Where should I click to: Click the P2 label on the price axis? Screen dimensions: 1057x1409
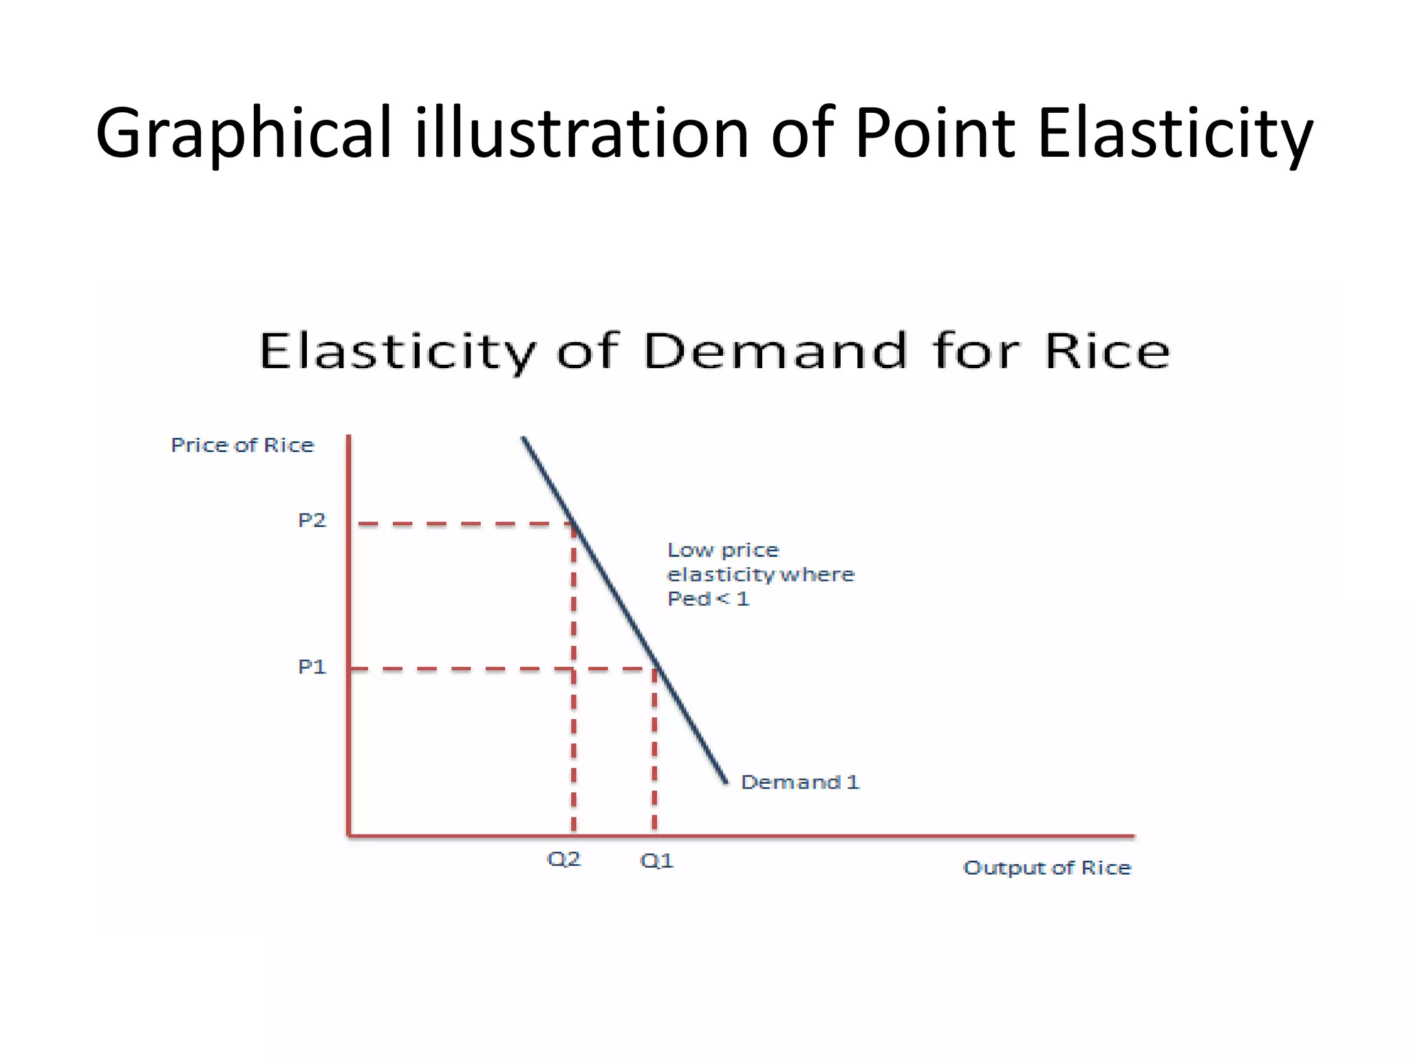312,520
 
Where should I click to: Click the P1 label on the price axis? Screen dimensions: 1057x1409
312,667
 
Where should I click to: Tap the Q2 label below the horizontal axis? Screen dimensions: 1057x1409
563,859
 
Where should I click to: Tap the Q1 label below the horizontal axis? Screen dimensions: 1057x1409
656,861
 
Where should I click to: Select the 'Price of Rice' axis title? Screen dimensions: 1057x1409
242,445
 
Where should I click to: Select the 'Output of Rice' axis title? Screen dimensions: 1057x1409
1046,868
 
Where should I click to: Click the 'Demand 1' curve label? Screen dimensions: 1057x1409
799,782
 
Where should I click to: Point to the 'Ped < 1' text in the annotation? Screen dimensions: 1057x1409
708,599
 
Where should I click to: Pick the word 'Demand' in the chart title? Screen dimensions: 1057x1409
775,352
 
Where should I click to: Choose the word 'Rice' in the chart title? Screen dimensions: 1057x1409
1107,352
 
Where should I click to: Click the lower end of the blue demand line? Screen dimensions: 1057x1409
726,782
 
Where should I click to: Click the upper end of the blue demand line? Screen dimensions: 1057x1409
523,438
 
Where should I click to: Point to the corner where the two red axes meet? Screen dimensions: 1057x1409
349,835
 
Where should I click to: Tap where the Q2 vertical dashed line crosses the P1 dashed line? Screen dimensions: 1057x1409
574,669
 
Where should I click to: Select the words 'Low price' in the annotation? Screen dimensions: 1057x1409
723,551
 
